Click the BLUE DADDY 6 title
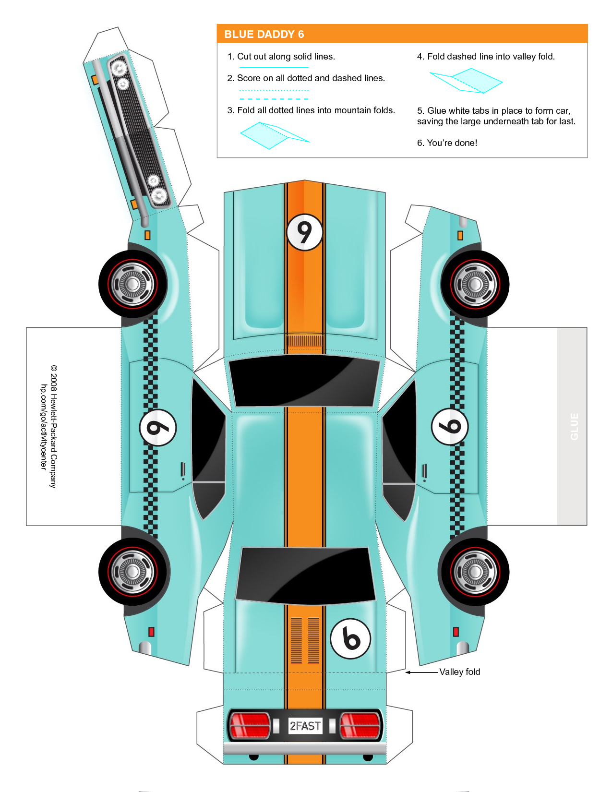[264, 35]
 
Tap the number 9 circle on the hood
[304, 232]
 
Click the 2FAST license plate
[305, 726]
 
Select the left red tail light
[250, 725]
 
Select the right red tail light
[360, 725]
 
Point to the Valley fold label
[459, 672]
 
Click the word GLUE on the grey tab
[574, 426]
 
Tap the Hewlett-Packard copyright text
[49, 427]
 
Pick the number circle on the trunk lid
[350, 639]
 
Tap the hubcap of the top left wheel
[132, 284]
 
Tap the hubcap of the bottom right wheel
[475, 572]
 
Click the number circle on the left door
[158, 427]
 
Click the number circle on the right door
[450, 426]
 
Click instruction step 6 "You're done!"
[447, 143]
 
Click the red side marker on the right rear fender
[456, 632]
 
